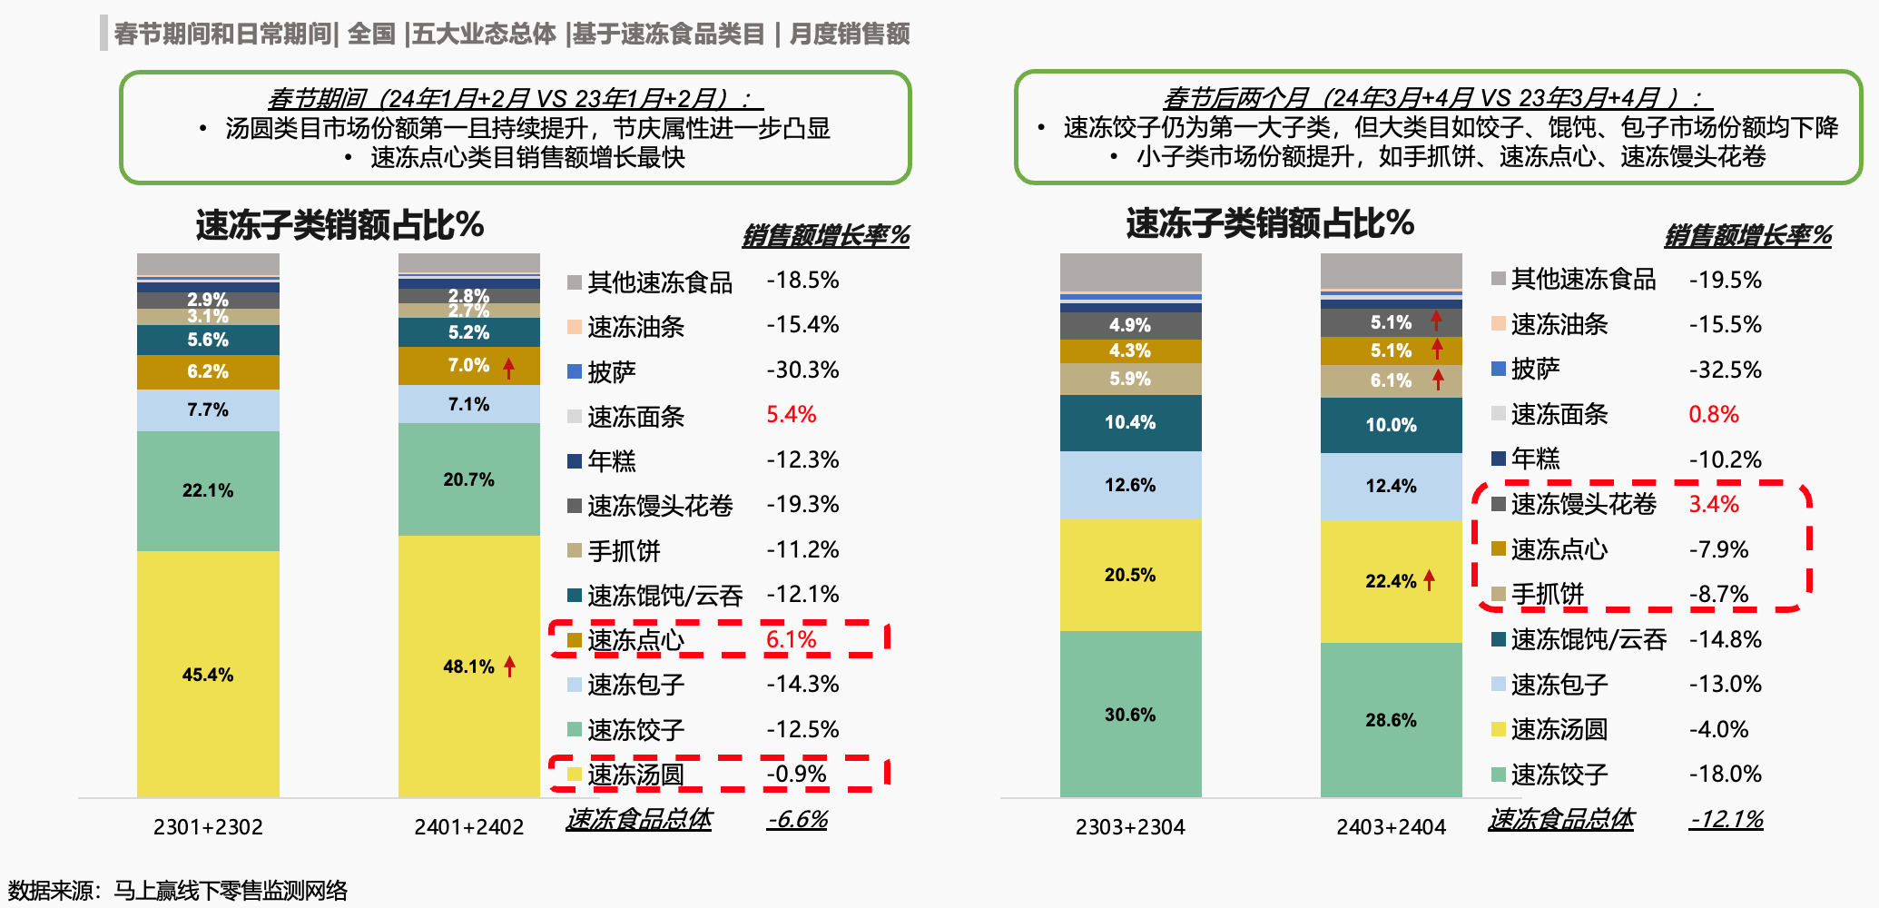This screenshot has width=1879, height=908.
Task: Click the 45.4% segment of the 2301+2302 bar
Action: click(208, 675)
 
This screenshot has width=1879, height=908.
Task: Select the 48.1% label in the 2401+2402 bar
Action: click(468, 666)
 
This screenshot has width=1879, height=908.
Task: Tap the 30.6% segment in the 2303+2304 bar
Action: click(1130, 715)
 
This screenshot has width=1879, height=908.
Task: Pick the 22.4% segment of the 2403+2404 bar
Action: click(1391, 581)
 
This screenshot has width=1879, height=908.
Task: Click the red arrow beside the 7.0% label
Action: click(509, 367)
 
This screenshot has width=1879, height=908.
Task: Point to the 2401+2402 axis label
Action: click(468, 827)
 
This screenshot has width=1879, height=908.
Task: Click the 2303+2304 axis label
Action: click(1130, 827)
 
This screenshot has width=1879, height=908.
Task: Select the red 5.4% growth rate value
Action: click(792, 415)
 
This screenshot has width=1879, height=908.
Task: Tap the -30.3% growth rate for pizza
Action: click(802, 370)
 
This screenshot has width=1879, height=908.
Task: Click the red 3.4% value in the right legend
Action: click(1714, 504)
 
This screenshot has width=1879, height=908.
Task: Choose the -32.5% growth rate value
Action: click(1725, 370)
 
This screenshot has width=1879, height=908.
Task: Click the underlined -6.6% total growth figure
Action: click(798, 819)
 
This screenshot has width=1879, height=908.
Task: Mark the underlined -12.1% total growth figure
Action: click(1727, 819)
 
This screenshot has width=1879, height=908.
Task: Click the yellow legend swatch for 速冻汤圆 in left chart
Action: click(574, 775)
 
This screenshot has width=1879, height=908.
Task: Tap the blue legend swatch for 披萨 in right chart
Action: click(1499, 369)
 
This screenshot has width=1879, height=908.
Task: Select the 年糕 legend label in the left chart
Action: click(612, 460)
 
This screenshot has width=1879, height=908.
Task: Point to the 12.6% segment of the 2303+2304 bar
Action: click(1130, 485)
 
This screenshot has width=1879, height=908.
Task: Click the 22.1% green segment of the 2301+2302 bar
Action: click(208, 490)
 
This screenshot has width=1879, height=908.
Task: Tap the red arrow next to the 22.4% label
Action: click(1430, 579)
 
